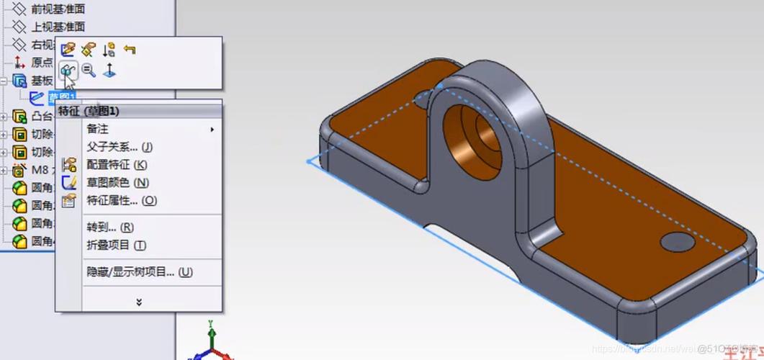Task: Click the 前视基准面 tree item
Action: click(x=58, y=9)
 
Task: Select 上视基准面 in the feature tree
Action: click(x=58, y=27)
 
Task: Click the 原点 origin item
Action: click(x=41, y=63)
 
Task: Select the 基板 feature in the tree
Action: click(x=41, y=81)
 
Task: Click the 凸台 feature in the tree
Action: click(x=42, y=117)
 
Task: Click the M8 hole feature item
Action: click(x=39, y=171)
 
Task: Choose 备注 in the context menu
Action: click(x=98, y=129)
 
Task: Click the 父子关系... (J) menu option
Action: click(x=120, y=147)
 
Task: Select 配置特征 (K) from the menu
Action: click(x=117, y=165)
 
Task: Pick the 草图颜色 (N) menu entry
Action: click(x=117, y=183)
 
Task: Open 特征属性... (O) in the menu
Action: click(x=122, y=200)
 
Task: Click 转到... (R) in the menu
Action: click(x=110, y=228)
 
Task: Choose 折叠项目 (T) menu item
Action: click(x=116, y=246)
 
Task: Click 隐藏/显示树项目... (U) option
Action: click(x=140, y=272)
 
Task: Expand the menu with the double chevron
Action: click(x=139, y=302)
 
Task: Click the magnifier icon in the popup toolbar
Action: click(x=89, y=70)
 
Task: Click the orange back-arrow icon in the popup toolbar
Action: click(x=130, y=50)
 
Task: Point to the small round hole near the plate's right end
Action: click(x=677, y=242)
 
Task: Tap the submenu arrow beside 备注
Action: click(x=212, y=130)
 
